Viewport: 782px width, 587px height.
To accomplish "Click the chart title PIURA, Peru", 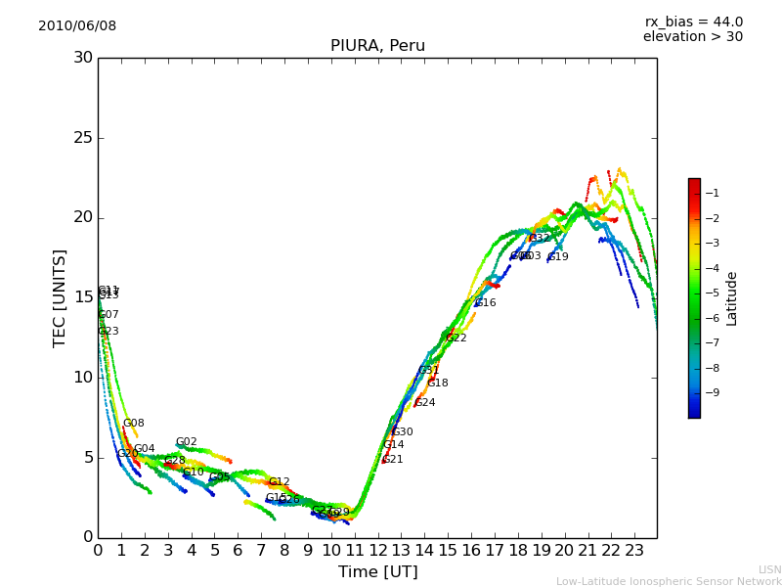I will tap(377, 46).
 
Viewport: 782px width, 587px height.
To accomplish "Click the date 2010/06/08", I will tap(77, 26).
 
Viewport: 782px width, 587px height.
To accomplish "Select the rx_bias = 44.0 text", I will tap(693, 23).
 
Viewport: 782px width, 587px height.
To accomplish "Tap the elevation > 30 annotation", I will tap(693, 37).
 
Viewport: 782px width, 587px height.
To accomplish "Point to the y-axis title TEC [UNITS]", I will tap(60, 297).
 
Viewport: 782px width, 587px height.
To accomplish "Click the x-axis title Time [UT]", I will tap(377, 571).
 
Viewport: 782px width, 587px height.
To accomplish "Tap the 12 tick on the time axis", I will tap(377, 551).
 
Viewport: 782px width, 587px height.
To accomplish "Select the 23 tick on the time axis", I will tap(634, 551).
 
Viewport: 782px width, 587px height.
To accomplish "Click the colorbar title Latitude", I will tap(731, 298).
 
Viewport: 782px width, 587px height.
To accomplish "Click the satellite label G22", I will tap(456, 339).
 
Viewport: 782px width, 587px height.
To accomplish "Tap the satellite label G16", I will tap(486, 303).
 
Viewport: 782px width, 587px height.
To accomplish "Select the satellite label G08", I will tap(134, 424).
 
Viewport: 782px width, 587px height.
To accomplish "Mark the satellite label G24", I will tap(425, 403).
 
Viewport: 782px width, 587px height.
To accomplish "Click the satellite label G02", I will tap(187, 442).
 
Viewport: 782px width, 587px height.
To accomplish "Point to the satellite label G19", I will tap(558, 257).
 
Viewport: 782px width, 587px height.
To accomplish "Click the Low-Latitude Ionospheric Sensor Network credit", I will tap(669, 581).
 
